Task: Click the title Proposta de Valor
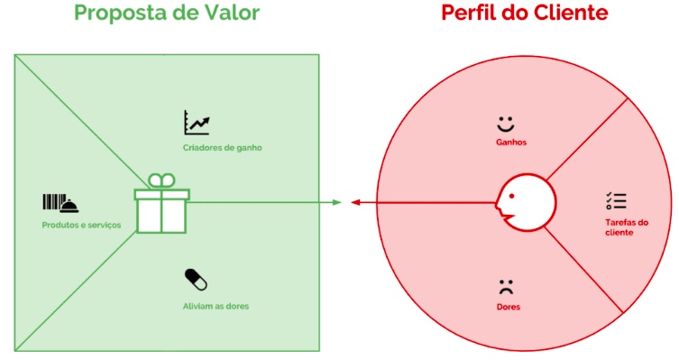[x=167, y=14]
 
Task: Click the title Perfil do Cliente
[x=525, y=13]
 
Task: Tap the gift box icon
[x=162, y=203]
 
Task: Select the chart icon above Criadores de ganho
[x=197, y=123]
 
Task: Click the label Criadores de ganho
[x=222, y=148]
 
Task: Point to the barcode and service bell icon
[x=60, y=203]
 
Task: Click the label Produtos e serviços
[x=81, y=226]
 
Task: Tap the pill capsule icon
[x=196, y=280]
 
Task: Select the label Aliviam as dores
[x=216, y=306]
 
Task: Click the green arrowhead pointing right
[x=337, y=202]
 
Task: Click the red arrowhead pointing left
[x=355, y=202]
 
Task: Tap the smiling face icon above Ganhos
[x=505, y=124]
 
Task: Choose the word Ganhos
[x=511, y=142]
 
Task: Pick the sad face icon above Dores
[x=506, y=287]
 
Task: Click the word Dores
[x=509, y=307]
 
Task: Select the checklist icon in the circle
[x=616, y=201]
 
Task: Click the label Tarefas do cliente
[x=627, y=227]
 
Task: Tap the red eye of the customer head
[x=512, y=197]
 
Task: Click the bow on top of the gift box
[x=162, y=180]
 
